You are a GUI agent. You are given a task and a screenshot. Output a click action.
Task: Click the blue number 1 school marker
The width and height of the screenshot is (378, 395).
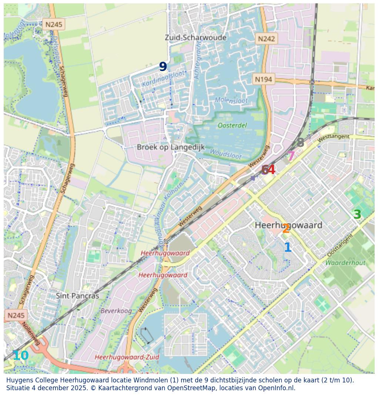click(x=288, y=248)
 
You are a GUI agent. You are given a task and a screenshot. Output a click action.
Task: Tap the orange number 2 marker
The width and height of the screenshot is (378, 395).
click(x=286, y=229)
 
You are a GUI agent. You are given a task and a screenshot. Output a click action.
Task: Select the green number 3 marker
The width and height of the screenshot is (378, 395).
click(x=357, y=215)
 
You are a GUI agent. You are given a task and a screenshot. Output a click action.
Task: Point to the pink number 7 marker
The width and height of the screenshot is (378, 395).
click(x=291, y=156)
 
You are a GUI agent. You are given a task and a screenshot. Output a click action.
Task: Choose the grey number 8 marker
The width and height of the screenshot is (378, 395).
click(x=300, y=143)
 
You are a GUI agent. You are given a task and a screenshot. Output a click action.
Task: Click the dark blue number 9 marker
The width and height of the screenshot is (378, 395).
click(x=163, y=67)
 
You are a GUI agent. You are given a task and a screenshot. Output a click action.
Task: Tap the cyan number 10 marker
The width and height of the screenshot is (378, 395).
click(x=20, y=356)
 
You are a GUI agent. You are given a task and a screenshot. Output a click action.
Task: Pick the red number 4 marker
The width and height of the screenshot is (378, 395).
click(x=271, y=170)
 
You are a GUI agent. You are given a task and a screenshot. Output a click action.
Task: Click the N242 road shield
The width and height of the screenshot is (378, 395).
click(x=267, y=39)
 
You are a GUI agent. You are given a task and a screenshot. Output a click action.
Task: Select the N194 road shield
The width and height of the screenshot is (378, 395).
click(x=264, y=79)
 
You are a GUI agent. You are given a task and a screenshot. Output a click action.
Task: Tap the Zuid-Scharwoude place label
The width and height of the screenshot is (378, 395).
click(x=195, y=38)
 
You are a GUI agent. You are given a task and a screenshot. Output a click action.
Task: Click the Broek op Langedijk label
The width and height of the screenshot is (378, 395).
click(x=171, y=147)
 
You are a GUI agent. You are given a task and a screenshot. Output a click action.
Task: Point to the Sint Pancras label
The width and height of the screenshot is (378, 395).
click(x=77, y=296)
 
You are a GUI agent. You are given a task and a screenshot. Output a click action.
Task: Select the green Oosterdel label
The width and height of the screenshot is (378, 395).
click(x=232, y=125)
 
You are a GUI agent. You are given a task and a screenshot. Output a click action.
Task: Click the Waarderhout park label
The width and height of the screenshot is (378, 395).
click(x=345, y=263)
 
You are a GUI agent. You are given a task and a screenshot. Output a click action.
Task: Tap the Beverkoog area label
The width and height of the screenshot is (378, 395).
click(x=116, y=311)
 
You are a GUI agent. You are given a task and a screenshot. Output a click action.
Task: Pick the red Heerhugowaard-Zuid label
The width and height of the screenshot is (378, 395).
click(x=127, y=357)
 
